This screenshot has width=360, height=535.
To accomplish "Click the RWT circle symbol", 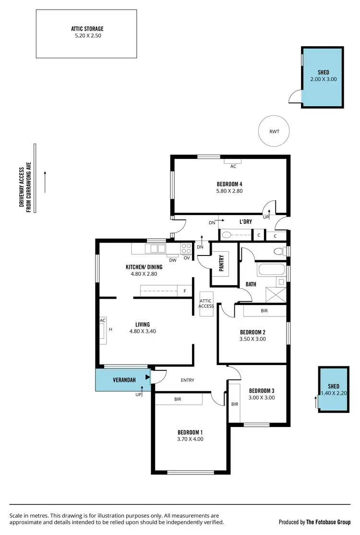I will click(275, 131).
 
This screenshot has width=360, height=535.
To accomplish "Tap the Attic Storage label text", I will click(87, 29).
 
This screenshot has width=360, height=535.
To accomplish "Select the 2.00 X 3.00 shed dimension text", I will click(324, 79).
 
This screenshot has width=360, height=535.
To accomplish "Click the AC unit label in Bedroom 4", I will click(233, 166).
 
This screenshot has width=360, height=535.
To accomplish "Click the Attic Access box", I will click(206, 304).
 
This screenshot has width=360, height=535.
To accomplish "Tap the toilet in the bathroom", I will click(278, 251).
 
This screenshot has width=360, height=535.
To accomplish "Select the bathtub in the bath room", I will click(272, 269).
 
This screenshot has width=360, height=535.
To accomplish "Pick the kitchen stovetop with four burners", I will click(186, 248).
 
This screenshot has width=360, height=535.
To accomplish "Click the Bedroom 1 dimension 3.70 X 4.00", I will click(190, 438).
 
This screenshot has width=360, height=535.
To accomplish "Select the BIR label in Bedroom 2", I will click(264, 311).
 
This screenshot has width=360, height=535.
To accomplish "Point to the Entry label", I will click(187, 380).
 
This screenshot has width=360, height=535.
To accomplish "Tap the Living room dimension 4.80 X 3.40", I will click(143, 331).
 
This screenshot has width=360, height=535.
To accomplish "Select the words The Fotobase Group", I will click(328, 522).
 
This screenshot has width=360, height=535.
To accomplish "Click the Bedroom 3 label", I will click(262, 390).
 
